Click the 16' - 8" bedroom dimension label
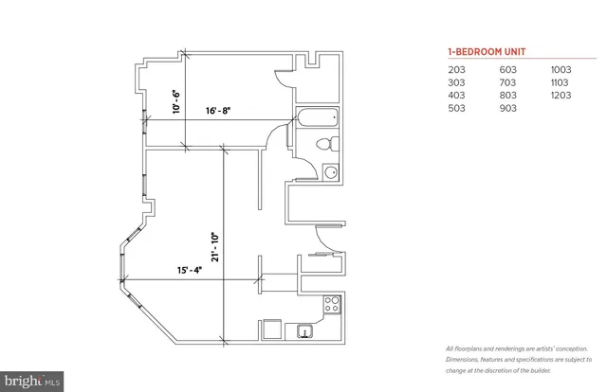click(x=218, y=111)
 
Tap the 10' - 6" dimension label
click(x=175, y=101)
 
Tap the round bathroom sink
click(x=329, y=172)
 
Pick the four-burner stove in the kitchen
click(x=332, y=305)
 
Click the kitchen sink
click(x=304, y=330)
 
